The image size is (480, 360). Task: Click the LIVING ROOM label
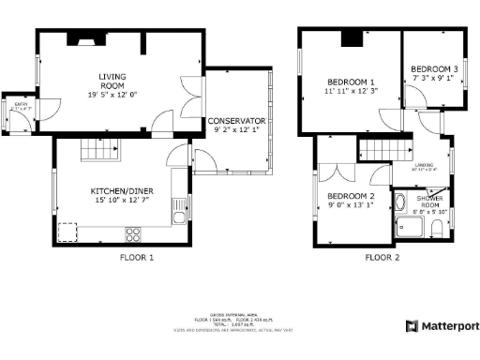point(112,82)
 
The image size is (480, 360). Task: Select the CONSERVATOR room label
point(238,122)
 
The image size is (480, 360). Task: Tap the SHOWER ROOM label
point(429,202)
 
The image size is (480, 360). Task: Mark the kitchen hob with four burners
point(133,234)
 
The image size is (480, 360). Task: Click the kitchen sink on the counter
point(177,217)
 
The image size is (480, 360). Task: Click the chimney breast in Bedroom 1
point(350,38)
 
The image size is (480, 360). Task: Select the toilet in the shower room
point(436,230)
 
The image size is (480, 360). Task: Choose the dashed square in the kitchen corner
point(67,232)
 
